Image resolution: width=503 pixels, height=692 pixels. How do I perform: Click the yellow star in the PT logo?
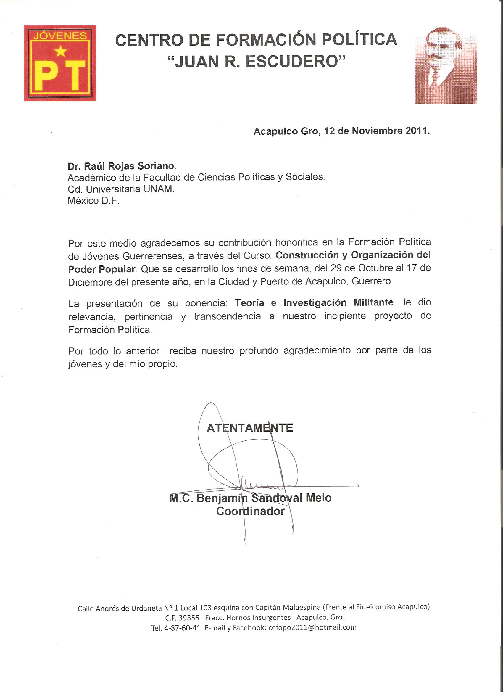(61, 51)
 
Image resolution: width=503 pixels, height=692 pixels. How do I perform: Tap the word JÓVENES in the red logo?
(60, 36)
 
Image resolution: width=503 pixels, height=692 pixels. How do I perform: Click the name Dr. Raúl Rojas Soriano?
(122, 166)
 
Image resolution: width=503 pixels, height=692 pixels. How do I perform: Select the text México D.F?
(93, 201)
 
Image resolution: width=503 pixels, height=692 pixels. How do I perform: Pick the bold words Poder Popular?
(101, 269)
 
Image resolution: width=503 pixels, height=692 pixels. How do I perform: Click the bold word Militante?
(373, 302)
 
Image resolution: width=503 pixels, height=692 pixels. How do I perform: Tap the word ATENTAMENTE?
(250, 428)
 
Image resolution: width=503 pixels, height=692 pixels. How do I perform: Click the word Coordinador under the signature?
(250, 511)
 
